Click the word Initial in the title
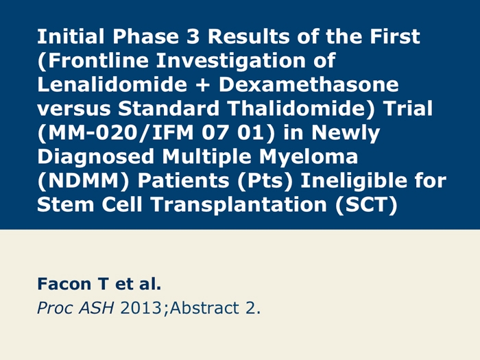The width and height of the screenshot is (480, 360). point(71,36)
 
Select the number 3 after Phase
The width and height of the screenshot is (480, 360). point(193,36)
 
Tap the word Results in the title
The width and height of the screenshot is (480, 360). point(248,36)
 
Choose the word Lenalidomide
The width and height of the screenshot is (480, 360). point(112,84)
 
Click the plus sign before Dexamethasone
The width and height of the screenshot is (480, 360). point(203,85)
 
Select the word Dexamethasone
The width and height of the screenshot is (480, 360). point(309,84)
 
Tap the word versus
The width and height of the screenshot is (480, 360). point(74,109)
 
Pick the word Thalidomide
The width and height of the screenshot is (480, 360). point(297,108)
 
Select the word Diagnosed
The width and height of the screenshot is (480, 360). point(95,158)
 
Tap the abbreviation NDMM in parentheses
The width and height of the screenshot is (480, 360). point(83,180)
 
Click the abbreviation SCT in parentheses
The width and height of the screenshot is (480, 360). point(367,204)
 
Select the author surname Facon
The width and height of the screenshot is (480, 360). point(64,284)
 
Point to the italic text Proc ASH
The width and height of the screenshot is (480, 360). point(75,308)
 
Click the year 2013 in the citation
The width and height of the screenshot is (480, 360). point(141,308)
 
